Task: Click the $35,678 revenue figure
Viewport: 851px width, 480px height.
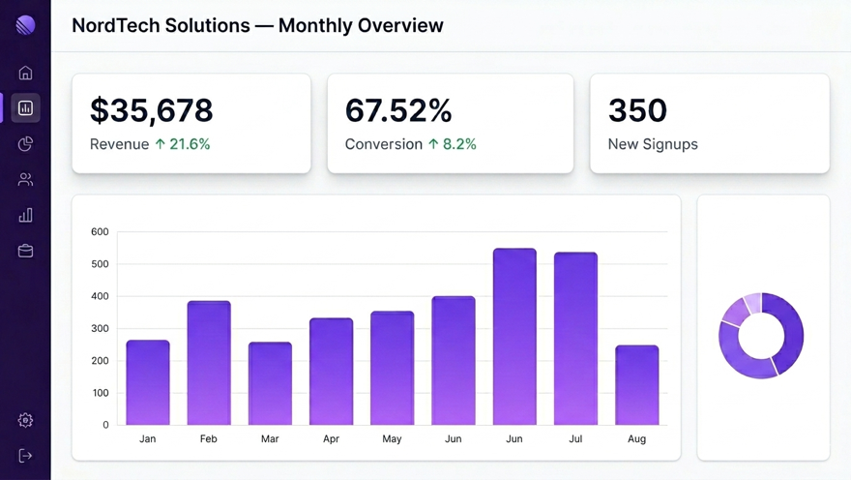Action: click(151, 110)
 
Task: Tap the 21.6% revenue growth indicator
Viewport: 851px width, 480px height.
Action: click(183, 144)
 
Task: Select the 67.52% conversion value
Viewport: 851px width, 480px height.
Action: click(398, 110)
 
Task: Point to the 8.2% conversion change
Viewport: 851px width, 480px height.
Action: click(453, 144)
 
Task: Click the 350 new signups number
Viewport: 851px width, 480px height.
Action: click(637, 110)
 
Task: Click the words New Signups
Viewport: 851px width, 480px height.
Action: click(653, 144)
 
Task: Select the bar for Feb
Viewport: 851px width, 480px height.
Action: click(209, 363)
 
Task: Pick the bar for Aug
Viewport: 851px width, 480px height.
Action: click(637, 385)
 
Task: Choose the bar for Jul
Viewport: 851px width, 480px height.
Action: click(575, 339)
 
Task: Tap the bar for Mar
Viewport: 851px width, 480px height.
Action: click(270, 383)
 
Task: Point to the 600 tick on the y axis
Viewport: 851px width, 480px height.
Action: click(100, 232)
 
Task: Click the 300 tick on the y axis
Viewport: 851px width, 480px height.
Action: click(100, 329)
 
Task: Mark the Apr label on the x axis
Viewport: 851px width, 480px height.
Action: click(331, 439)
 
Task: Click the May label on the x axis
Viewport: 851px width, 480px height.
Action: click(392, 439)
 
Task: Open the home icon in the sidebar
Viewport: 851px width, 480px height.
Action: click(26, 73)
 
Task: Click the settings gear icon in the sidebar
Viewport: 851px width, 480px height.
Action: click(26, 420)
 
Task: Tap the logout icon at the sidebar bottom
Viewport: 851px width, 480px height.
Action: click(26, 456)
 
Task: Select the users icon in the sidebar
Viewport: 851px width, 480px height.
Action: click(26, 179)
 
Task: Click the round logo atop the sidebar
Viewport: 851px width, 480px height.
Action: click(26, 25)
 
